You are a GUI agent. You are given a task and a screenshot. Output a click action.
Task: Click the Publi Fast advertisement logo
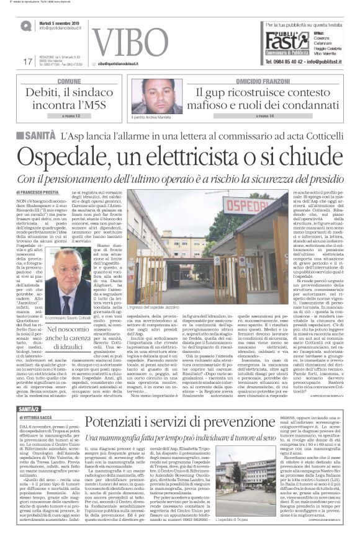(279, 42)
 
